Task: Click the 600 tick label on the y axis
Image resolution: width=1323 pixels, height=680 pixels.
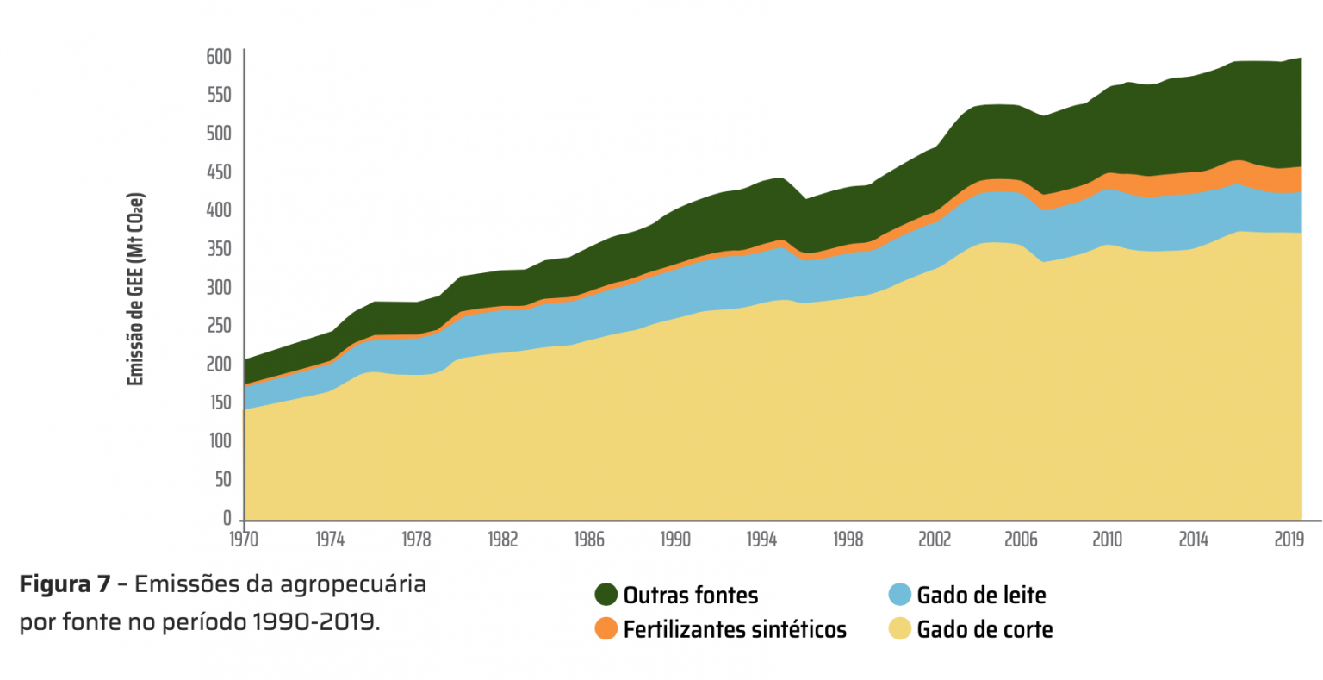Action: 219,57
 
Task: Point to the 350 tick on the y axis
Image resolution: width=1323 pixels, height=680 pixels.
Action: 219,249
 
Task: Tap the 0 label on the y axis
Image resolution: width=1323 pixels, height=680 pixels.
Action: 227,518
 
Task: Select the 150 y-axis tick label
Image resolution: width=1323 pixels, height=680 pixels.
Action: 219,402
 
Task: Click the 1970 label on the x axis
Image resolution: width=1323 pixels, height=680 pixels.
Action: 244,540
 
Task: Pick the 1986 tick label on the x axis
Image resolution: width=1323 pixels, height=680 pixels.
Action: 589,540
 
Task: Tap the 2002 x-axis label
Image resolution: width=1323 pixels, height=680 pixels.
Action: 935,540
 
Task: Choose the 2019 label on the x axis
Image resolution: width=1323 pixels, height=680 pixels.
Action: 1289,540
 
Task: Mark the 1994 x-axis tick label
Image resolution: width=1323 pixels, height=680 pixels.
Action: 761,540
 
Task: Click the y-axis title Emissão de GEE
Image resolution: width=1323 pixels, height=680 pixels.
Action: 135,290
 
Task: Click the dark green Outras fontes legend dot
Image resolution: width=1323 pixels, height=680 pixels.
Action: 606,595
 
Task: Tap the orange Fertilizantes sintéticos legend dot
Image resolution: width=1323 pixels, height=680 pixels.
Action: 606,629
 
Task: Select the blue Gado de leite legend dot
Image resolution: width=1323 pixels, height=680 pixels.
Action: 899,595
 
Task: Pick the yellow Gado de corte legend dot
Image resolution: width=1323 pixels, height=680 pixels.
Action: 899,629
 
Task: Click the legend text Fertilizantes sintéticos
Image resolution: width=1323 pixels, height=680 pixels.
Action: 735,630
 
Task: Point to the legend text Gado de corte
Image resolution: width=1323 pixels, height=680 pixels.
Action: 984,630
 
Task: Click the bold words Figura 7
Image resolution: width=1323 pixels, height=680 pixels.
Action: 65,584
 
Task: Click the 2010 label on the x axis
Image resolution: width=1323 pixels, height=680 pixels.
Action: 1107,540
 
